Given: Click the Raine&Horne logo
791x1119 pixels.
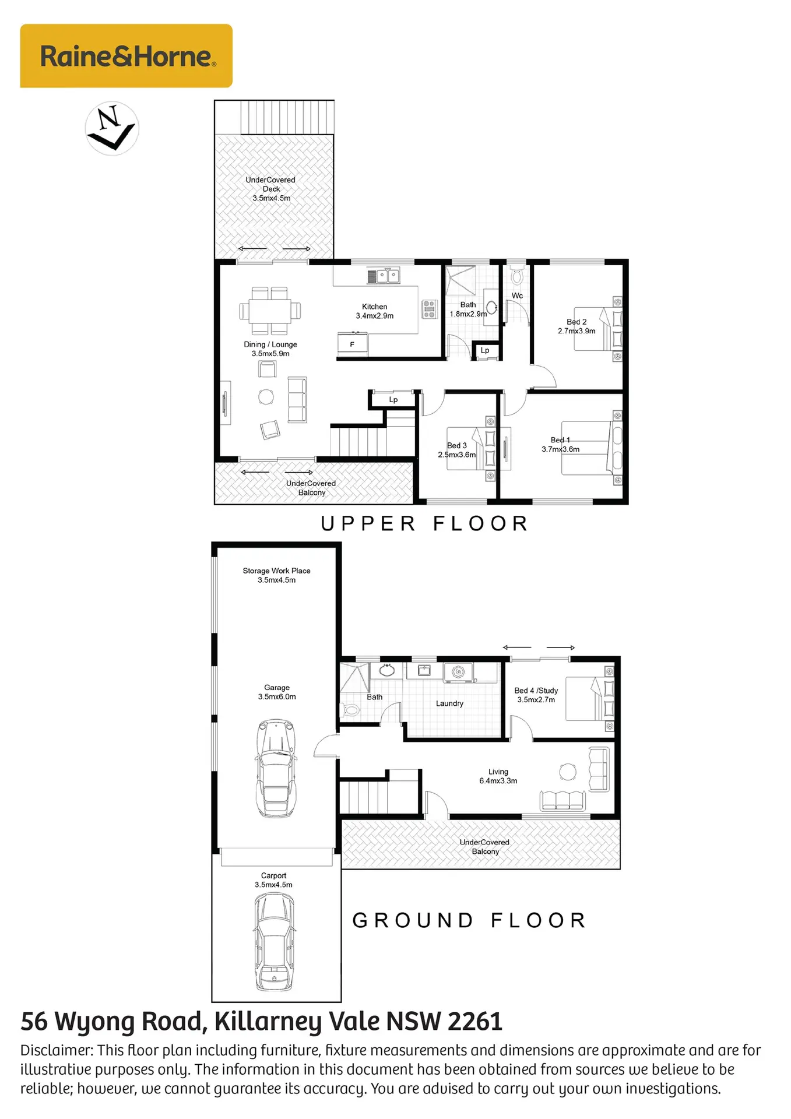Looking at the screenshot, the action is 126,56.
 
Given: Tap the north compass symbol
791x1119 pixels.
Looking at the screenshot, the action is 112,128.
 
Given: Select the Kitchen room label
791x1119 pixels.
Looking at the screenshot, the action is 374,307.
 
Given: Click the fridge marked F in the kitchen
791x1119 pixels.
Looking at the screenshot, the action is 353,344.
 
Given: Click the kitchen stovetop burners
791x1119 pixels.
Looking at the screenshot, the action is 429,309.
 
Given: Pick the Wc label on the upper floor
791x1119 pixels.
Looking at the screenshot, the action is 517,295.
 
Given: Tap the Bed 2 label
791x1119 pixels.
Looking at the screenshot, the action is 576,322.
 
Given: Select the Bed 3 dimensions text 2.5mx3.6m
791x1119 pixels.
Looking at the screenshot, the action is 457,455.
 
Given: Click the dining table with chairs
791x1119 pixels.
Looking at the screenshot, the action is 270,311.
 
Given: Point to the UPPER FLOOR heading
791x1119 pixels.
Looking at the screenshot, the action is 424,523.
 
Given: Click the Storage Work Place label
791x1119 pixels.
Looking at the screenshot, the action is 276,571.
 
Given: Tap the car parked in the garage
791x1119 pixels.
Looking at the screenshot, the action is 276,768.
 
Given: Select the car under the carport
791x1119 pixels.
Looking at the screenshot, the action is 274,941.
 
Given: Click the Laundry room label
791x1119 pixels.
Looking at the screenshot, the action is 449,703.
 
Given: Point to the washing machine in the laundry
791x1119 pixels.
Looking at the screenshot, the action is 458,673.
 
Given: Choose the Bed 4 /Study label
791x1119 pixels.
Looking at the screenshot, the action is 536,691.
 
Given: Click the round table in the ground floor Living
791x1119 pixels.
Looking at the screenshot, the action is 568,772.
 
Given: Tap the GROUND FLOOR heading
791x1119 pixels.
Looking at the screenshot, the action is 469,920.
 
